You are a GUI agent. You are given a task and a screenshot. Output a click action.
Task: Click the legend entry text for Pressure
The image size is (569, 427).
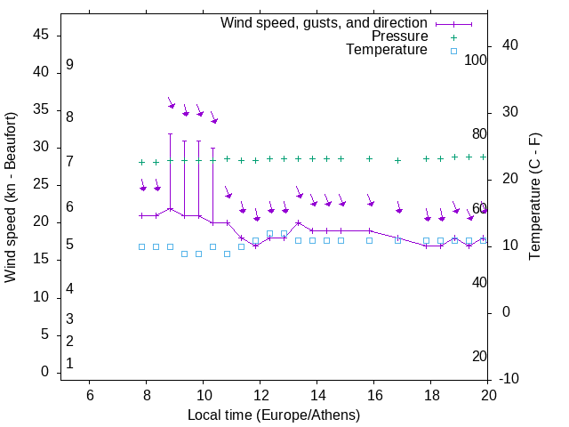tap(399, 36)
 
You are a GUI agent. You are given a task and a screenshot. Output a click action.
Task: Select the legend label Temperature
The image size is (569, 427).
tap(387, 50)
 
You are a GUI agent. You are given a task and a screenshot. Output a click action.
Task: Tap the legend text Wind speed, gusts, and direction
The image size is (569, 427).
tap(325, 23)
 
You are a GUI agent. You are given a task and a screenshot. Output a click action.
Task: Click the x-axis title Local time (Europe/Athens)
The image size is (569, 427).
tap(274, 415)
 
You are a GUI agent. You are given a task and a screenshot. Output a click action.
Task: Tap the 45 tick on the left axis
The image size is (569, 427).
tap(41, 35)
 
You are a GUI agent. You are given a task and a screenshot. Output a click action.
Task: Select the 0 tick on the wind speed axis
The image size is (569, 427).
tap(44, 373)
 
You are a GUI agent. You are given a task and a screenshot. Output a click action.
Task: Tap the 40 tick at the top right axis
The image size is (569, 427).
tap(510, 45)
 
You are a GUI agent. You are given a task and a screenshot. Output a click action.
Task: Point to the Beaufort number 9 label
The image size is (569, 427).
tap(69, 65)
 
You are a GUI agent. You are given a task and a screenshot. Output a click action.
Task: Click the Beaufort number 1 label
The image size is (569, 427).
tap(69, 364)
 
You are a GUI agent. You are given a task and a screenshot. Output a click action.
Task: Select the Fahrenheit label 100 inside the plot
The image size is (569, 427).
tap(476, 60)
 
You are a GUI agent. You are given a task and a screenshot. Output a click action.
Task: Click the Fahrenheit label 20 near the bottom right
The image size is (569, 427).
tap(479, 357)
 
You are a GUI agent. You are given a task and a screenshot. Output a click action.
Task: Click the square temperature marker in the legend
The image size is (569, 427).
tap(453, 51)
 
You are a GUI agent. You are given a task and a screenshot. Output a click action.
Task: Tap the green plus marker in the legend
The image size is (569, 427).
tap(453, 36)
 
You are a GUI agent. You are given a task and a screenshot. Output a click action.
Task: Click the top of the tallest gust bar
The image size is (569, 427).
tap(170, 133)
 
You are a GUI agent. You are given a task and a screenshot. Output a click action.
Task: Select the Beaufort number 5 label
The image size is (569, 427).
tap(69, 245)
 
